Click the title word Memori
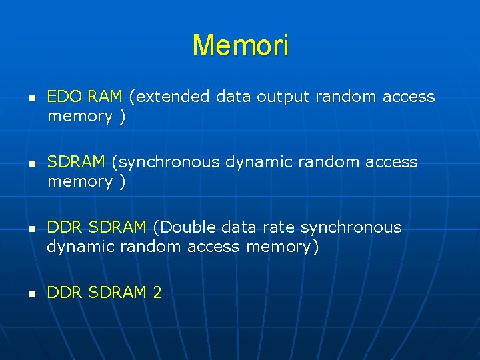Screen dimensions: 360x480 click(x=240, y=46)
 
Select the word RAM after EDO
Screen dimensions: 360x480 click(x=106, y=97)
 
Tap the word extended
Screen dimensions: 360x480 click(x=172, y=97)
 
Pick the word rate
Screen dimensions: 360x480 click(x=279, y=228)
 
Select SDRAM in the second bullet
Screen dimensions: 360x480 click(x=76, y=163)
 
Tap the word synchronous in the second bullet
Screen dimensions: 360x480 click(x=167, y=163)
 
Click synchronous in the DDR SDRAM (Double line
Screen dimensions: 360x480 click(x=351, y=228)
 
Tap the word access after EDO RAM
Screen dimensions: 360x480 click(x=409, y=97)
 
